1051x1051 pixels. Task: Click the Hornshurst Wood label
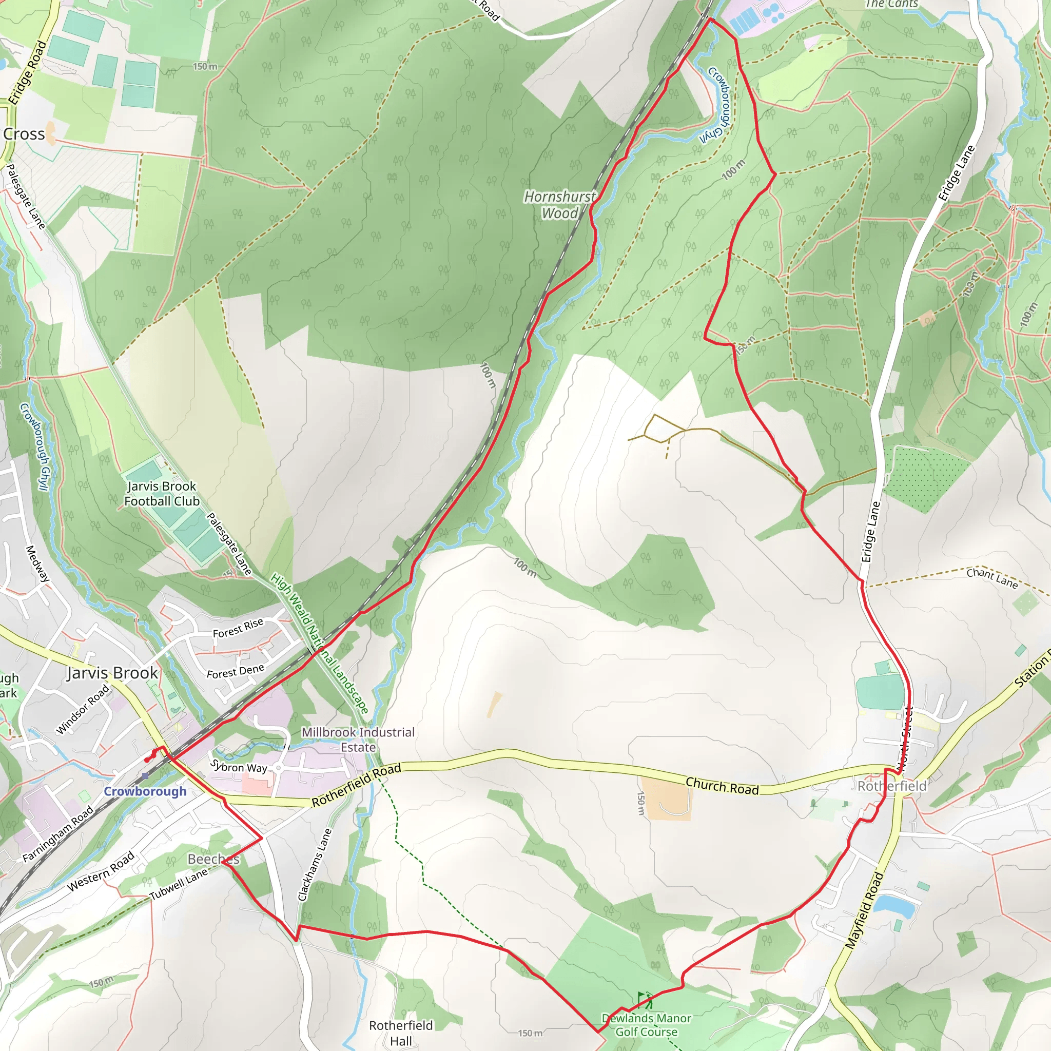point(560,205)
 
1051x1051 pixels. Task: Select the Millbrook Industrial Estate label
point(358,740)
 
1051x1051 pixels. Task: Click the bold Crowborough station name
point(145,791)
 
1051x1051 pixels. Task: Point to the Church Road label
point(722,786)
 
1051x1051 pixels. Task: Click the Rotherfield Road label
point(356,785)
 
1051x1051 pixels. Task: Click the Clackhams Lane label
point(315,864)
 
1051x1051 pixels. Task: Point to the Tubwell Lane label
point(179,884)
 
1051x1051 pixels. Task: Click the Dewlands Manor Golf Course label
point(646,1025)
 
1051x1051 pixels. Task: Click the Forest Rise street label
point(238,628)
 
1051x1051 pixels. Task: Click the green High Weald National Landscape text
point(319,644)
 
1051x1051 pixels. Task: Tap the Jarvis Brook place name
point(112,673)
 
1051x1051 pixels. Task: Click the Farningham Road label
point(58,834)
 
